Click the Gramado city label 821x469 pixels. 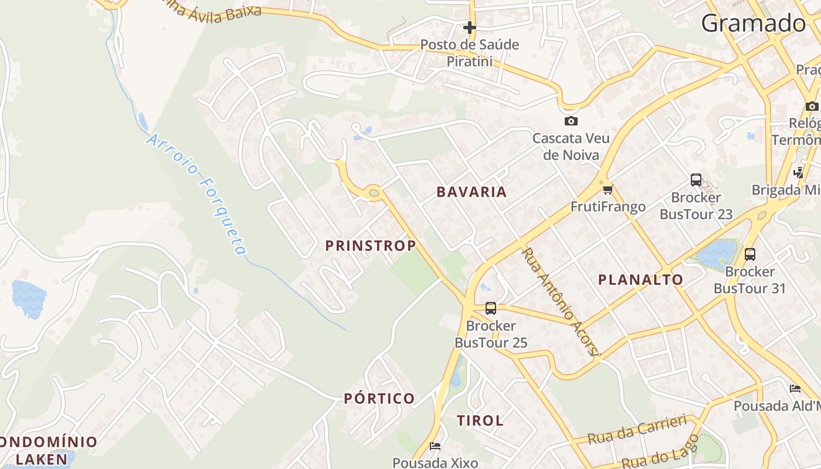pyautogui.click(x=754, y=23)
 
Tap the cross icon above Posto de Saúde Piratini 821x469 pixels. pyautogui.click(x=469, y=28)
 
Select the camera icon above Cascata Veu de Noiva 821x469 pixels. pyautogui.click(x=571, y=121)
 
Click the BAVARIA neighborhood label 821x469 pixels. pyautogui.click(x=471, y=192)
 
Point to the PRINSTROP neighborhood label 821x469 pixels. pyautogui.click(x=371, y=246)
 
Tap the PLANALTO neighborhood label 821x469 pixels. pyautogui.click(x=640, y=280)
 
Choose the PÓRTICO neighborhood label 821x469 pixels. pyautogui.click(x=379, y=399)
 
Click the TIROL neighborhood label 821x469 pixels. pyautogui.click(x=480, y=420)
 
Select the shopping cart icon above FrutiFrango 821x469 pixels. pyautogui.click(x=608, y=189)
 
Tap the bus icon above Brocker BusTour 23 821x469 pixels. pyautogui.click(x=696, y=180)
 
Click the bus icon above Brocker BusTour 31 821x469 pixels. pyautogui.click(x=750, y=254)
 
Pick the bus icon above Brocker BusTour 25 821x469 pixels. pyautogui.click(x=491, y=308)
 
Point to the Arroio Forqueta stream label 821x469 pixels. pyautogui.click(x=197, y=194)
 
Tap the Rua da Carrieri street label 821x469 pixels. pyautogui.click(x=637, y=430)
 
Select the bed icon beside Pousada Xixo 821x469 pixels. pyautogui.click(x=435, y=446)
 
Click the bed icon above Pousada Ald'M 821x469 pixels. pyautogui.click(x=795, y=389)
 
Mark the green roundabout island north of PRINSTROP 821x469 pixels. pyautogui.click(x=374, y=192)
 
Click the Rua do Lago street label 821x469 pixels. pyautogui.click(x=660, y=451)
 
